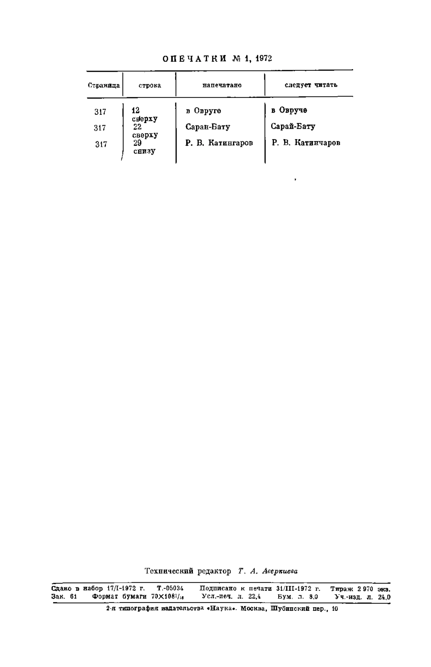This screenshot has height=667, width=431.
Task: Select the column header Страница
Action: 104,85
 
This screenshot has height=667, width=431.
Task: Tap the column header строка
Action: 150,85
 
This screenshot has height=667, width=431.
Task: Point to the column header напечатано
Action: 222,85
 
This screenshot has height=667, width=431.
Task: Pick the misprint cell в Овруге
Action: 203,111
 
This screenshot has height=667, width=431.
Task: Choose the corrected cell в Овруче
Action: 289,110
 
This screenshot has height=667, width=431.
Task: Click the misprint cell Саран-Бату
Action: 208,127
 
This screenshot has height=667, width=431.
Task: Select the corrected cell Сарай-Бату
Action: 293,127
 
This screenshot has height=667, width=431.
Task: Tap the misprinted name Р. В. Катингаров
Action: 219,143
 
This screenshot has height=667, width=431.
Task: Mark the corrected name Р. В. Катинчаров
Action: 306,143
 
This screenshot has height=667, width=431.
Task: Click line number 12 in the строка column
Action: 135,110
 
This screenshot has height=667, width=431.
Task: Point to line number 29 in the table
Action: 137,143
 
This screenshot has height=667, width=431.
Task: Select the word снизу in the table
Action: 144,151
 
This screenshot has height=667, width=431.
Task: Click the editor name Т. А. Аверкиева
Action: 268,571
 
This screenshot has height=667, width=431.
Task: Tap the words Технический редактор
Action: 188,572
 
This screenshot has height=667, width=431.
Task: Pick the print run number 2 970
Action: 365,589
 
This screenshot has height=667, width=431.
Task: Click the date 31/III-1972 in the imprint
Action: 294,588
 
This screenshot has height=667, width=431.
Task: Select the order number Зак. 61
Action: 64,597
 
